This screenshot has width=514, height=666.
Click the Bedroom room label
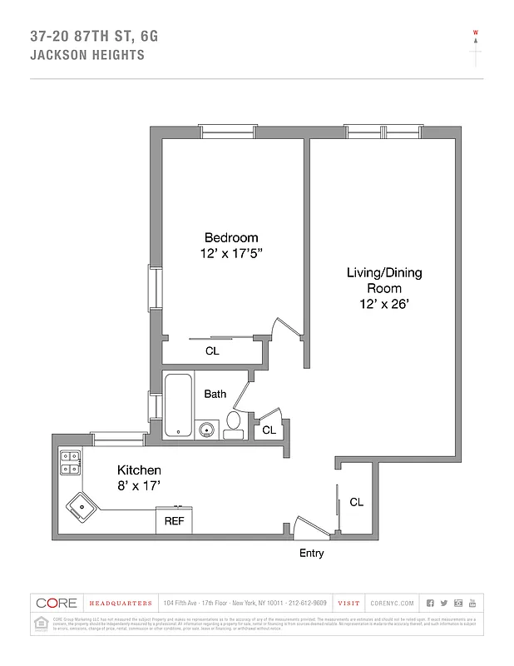pos(231,237)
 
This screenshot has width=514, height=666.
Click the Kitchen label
pos(138,470)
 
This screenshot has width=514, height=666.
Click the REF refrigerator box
pos(174,521)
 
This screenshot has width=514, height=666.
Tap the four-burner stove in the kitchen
pos(70,462)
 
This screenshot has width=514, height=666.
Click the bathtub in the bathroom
pos(178,405)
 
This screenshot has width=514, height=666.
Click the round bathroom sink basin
pos(206,430)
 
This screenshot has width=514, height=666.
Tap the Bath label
pos(215,394)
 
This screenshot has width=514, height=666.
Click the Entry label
pos(311,554)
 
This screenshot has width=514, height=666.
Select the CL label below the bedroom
pos(212,351)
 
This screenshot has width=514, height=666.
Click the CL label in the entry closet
pos(356,502)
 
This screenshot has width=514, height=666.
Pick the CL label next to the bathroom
pos(269,430)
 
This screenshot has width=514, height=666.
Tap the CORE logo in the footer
pos(57,603)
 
